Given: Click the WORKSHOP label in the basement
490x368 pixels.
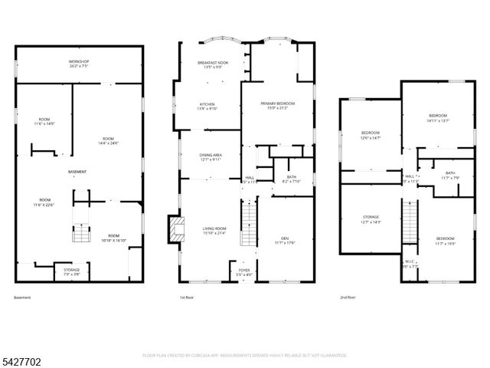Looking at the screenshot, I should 79,63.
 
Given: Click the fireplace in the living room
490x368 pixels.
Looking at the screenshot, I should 175,228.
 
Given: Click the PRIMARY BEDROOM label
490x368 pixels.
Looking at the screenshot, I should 277,105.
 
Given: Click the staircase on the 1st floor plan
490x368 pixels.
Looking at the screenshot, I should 247,222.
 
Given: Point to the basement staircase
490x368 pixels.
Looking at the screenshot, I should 80,229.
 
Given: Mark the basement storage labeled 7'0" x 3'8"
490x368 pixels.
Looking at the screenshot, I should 70,271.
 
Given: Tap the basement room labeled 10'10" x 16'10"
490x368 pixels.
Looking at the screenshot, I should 113,237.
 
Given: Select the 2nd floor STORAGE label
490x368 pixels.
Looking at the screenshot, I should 371,219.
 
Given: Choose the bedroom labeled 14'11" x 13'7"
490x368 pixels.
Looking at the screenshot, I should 438,118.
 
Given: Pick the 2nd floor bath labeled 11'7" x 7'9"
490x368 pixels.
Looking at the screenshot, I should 449,176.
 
